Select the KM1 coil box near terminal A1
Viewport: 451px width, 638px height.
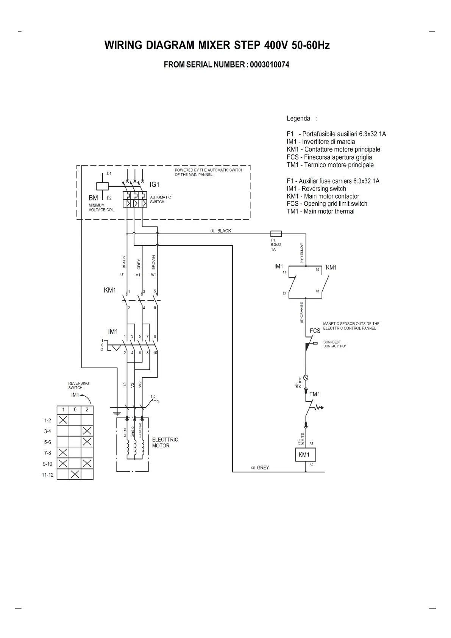[x=305, y=455]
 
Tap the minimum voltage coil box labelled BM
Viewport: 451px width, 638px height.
[x=102, y=186]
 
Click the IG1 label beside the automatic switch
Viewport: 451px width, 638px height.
[x=154, y=185]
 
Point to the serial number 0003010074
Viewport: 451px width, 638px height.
[x=270, y=65]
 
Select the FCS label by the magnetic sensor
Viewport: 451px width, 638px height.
[x=315, y=331]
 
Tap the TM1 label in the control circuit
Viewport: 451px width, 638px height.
[x=315, y=394]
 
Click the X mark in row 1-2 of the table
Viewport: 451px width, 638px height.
[x=63, y=420]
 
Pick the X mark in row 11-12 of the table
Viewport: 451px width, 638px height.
[x=75, y=474]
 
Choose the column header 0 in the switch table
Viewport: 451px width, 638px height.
[x=75, y=410]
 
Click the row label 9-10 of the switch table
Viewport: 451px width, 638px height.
[x=48, y=464]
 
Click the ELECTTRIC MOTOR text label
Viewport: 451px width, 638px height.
[x=165, y=443]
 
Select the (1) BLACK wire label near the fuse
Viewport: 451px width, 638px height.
[x=221, y=231]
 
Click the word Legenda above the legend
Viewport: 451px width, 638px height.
[x=298, y=119]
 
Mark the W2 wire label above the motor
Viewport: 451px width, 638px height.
[x=140, y=385]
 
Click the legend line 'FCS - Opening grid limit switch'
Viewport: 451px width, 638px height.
[x=327, y=204]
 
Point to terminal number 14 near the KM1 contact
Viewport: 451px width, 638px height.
[x=317, y=270]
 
